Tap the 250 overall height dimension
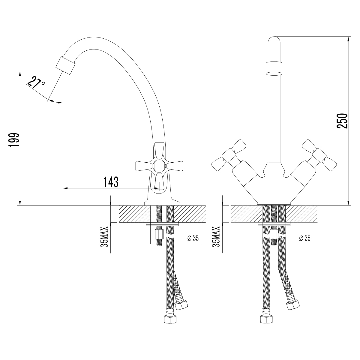pos(342,121)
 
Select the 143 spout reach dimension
pos(111,182)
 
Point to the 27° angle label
pos(35,82)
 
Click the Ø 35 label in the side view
pos(193,238)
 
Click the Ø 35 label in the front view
pos(305,238)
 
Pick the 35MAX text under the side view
pos(104,237)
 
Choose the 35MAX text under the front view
pos(216,237)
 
